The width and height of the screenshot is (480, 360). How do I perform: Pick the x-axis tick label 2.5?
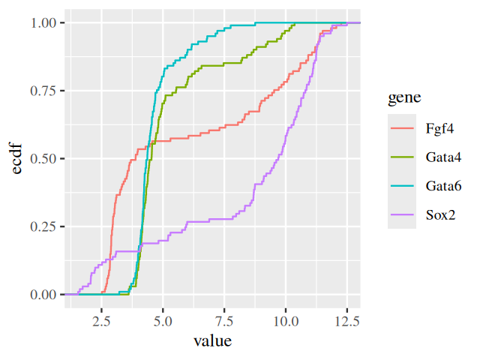101,320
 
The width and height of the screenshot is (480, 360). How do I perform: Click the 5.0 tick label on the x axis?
163,320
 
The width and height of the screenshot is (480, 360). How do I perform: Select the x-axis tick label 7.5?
224,320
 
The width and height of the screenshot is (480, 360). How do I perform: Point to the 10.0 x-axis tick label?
286,320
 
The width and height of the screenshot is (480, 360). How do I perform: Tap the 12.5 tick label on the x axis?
347,320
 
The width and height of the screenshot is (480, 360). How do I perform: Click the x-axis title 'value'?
212,341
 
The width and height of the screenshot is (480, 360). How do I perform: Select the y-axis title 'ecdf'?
16,158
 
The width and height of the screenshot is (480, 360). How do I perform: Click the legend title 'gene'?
403,97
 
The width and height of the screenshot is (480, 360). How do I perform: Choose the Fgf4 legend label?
439,128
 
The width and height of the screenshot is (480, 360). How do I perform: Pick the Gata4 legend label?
442,157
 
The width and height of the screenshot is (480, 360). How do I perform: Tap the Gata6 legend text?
442,185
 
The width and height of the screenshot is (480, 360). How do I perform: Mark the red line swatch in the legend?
402,128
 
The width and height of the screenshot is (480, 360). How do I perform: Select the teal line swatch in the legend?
402,185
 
